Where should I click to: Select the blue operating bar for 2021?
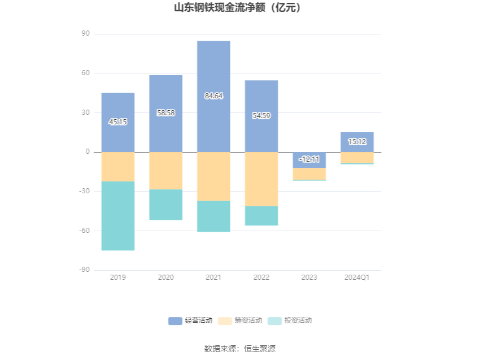[x=213, y=68]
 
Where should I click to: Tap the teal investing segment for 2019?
[x=118, y=216]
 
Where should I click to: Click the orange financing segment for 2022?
[x=261, y=179]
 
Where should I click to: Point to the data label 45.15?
[x=118, y=122]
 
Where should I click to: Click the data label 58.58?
[x=166, y=113]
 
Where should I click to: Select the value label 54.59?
[x=261, y=116]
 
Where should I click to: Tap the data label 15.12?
[x=357, y=142]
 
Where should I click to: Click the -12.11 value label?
[x=309, y=159]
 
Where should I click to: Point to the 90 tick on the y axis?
[x=86, y=34]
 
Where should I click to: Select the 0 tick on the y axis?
[x=88, y=152]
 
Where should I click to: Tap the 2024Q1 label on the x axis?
[x=357, y=277]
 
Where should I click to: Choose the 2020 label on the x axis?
[x=166, y=277]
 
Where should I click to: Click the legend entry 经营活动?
[x=190, y=320]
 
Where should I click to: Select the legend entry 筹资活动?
[x=240, y=320]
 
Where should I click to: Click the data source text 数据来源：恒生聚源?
[x=240, y=349]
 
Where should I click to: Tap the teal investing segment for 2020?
[x=166, y=205]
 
